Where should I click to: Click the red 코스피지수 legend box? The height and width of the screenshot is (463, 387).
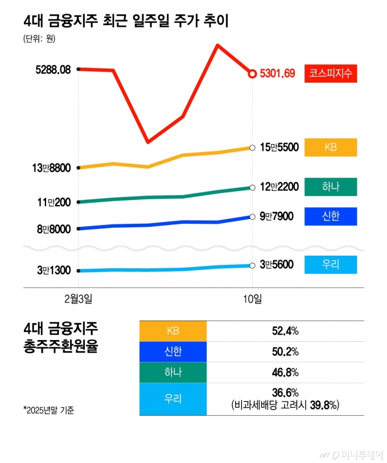[x=331, y=73]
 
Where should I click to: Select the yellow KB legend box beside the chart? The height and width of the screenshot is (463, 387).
[x=331, y=147]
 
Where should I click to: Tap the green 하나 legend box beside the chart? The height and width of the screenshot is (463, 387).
[x=331, y=187]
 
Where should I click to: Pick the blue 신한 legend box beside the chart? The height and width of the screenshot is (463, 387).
[x=331, y=216]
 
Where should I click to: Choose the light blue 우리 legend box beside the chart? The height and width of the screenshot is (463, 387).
[x=331, y=265]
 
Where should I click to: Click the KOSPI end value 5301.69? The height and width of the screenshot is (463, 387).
[x=277, y=73]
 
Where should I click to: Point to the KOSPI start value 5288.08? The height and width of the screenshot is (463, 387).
[x=52, y=69]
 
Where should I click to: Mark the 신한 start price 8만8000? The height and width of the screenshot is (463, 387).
[x=53, y=229]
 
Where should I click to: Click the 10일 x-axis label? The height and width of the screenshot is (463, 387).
[x=252, y=298]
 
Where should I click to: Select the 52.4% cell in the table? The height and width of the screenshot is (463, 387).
[x=285, y=331]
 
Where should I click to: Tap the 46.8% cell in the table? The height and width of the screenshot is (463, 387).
[x=285, y=372]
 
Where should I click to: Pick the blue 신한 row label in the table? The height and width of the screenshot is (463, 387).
[x=173, y=351]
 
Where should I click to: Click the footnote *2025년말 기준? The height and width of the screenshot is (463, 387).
[x=48, y=409]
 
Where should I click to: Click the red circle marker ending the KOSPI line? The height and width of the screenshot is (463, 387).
[x=252, y=73]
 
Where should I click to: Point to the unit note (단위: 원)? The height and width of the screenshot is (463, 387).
[x=39, y=39]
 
